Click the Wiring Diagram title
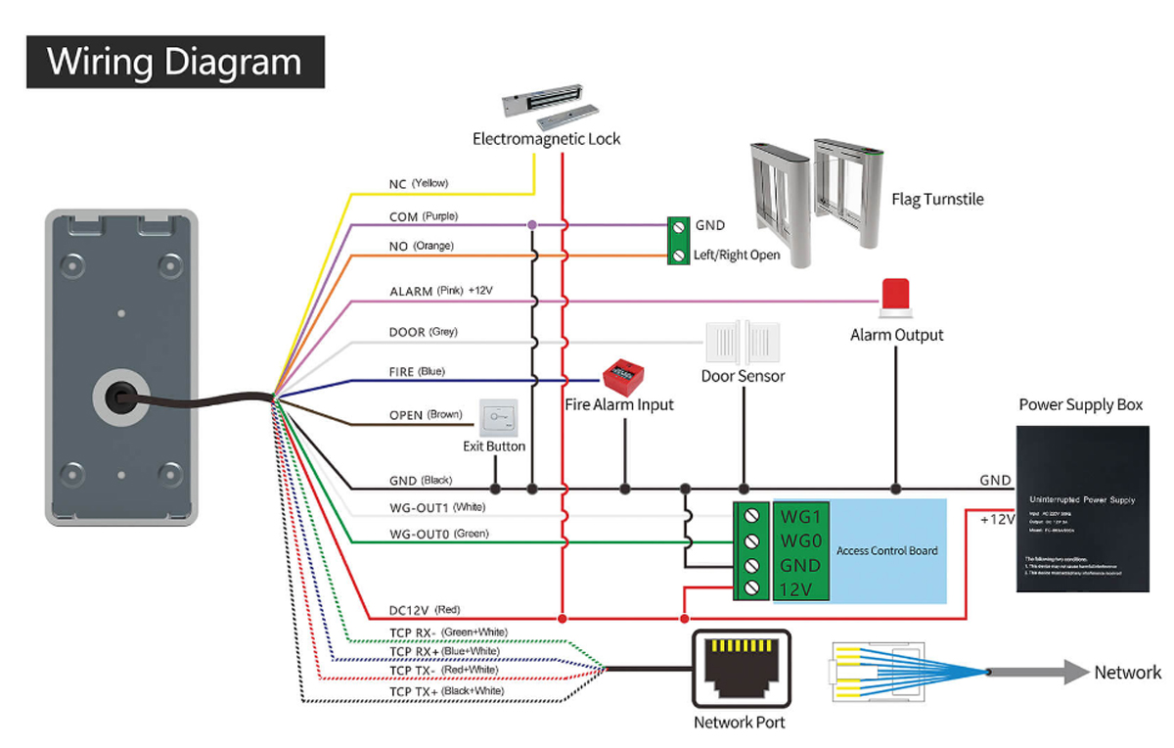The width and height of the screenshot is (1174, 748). coord(175,62)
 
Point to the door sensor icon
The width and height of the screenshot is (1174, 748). coord(744,343)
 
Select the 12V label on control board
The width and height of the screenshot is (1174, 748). coord(798,588)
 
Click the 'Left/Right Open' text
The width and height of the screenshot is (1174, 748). coord(737,256)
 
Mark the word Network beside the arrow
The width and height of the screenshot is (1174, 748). coord(1127,673)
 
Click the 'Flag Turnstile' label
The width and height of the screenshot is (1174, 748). coord(937,200)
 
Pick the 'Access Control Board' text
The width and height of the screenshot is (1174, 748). coord(886,551)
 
